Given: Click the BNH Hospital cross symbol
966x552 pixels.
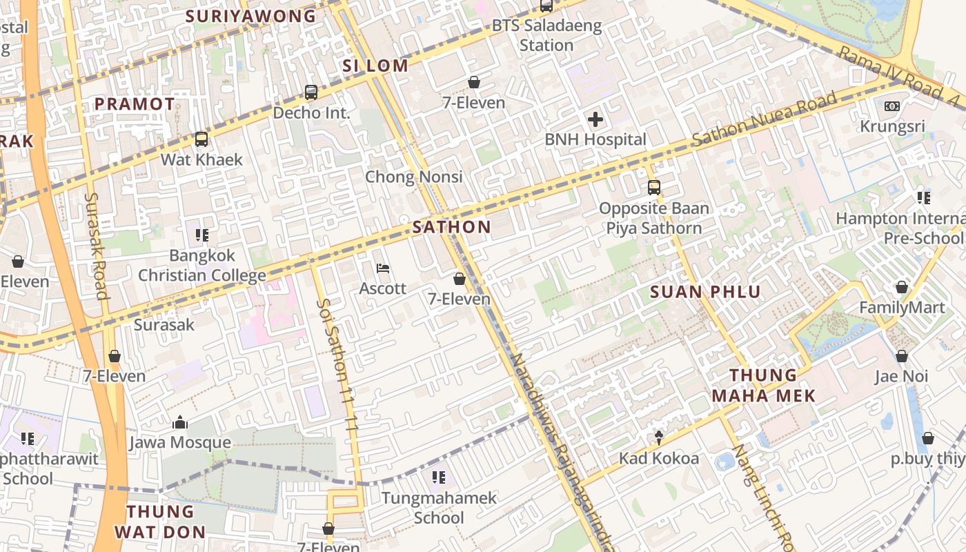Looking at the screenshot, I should point(595,120).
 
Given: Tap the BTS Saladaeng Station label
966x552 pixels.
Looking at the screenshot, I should point(546,36).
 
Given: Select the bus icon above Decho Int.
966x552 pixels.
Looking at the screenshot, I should point(311,92).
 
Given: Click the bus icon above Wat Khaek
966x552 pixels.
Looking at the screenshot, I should point(201,139).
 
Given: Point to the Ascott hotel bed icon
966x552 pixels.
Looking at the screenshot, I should point(383,268).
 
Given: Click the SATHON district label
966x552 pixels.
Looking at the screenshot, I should point(452,227).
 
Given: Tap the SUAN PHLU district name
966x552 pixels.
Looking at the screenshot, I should point(705,292).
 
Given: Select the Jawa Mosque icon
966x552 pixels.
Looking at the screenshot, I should point(180,422).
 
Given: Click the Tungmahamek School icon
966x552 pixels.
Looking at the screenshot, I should point(438,477).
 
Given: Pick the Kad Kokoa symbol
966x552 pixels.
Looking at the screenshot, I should point(659,437).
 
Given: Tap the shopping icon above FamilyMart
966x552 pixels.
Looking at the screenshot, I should point(901,287).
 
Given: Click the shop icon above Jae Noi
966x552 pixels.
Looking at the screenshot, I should point(901,356).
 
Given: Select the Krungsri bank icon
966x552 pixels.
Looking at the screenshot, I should point(892,106).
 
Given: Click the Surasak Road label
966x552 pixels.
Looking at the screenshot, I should point(96,246).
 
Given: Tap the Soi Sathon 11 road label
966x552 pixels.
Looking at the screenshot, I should point(339,366).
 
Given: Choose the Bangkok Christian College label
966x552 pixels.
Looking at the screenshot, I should point(202,266).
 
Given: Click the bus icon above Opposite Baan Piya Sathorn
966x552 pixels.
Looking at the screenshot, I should point(653,187).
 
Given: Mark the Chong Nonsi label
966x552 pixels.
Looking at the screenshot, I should point(413,177).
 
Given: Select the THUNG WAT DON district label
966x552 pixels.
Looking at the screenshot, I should point(160,522).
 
